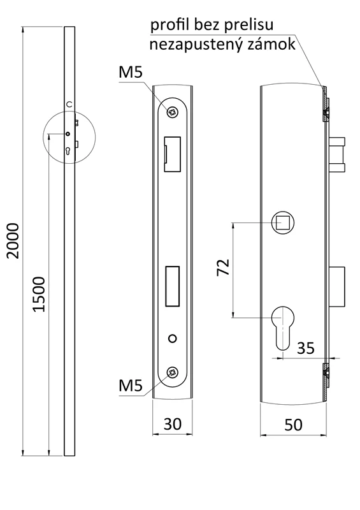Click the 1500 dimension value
(x=38, y=294)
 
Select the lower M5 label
(x=130, y=384)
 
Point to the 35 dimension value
(x=306, y=348)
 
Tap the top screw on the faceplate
(x=172, y=112)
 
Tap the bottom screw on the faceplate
(x=172, y=373)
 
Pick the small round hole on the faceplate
(x=172, y=337)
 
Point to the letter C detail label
(x=69, y=104)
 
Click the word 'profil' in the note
(x=168, y=25)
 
